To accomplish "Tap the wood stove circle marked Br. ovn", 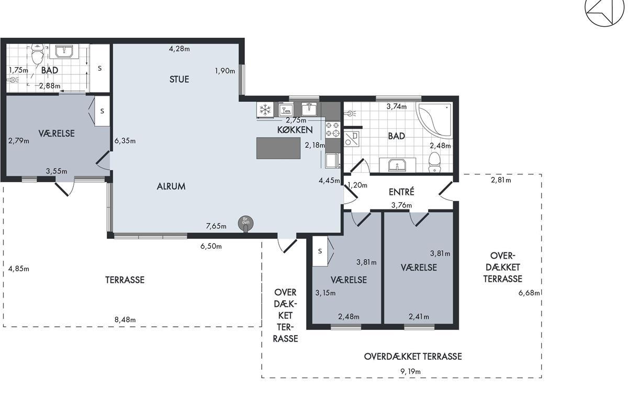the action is pos(245,223).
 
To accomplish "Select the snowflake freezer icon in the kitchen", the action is pos(265,109).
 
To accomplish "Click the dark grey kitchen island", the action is pos(278,148).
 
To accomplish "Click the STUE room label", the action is pos(179,80).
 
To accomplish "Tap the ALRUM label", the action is pos(171,186).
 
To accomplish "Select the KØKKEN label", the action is pos(295,130).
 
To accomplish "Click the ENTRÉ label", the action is pos(401,192).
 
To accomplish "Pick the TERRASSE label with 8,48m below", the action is pos(125,280).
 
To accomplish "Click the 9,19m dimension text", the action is pos(410,371).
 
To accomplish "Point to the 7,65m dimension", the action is pos(216,226).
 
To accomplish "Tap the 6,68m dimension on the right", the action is pos(529,293).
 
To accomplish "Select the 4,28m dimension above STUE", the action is pos(179,49).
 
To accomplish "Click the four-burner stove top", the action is pos(333,130).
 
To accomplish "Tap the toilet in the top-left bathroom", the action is pos(37,54).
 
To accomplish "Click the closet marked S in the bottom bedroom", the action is pos(320,251).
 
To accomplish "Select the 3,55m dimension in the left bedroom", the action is pos(57,171).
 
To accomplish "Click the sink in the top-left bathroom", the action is pos(64,52).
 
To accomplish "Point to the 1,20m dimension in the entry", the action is pos(357,185).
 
